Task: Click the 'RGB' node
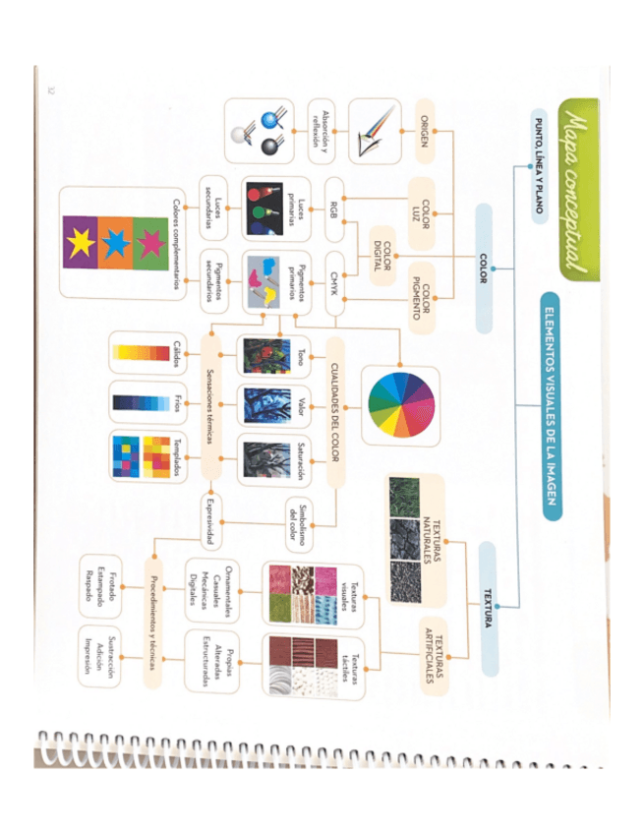[x=335, y=208]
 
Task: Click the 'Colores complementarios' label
[x=178, y=242]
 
